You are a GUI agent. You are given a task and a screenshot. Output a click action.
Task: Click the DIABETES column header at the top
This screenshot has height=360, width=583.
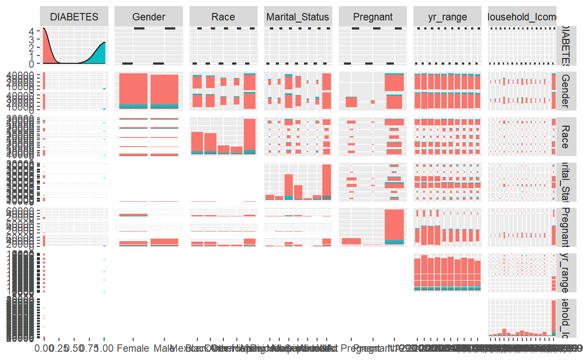coord(74,17)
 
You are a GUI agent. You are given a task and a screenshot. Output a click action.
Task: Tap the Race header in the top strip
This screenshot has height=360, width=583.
coord(223,17)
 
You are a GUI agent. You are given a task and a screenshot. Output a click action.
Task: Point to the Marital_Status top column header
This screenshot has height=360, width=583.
coord(298,17)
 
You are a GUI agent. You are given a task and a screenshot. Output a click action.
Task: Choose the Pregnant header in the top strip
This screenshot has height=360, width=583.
coord(373,17)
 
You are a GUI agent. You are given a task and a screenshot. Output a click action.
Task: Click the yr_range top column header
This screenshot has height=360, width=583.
coord(447,17)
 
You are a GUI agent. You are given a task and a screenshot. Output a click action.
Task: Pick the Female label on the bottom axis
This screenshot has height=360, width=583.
coord(133,348)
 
